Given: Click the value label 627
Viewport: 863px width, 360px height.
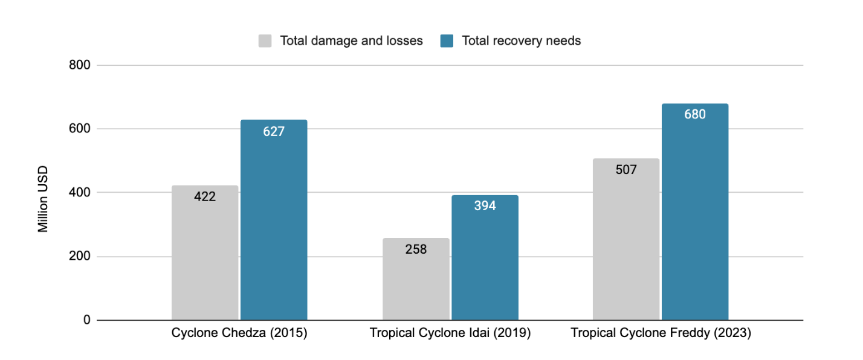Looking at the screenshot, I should [x=274, y=132].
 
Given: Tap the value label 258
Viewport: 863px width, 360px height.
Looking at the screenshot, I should [x=416, y=249].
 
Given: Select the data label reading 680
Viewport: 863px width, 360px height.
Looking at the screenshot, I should [x=695, y=114].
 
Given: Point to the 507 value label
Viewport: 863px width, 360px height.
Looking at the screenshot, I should [x=626, y=170].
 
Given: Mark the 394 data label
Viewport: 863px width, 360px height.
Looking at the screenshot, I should [x=485, y=206].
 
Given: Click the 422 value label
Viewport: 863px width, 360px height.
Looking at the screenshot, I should [x=205, y=196].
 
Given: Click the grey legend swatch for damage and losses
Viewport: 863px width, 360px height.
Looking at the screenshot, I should [x=265, y=41].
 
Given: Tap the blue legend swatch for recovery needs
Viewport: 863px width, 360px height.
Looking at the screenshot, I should [x=447, y=41].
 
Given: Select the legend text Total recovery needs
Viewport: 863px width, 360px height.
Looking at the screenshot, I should [x=521, y=41].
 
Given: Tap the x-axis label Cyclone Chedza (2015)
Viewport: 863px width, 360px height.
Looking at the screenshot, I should [x=239, y=333].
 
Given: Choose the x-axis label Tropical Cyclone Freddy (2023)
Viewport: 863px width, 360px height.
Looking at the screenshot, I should [x=661, y=333].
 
